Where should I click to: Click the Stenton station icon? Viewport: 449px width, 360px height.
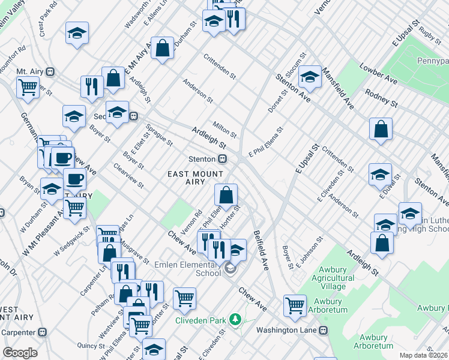(x=222, y=159)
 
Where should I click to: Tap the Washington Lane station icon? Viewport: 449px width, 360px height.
(x=323, y=330)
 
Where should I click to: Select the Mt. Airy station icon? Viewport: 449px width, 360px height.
(x=50, y=71)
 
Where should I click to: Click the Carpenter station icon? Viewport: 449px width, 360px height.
(x=42, y=332)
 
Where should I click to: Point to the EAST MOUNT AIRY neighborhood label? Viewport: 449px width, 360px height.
(x=194, y=179)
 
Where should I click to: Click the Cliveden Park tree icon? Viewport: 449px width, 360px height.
(x=235, y=320)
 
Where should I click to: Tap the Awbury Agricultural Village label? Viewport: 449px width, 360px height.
(x=329, y=282)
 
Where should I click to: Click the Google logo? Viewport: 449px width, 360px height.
(x=20, y=353)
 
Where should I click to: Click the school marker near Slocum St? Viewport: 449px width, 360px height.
(x=310, y=76)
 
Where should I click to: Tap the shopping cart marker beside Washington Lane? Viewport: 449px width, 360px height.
(x=295, y=305)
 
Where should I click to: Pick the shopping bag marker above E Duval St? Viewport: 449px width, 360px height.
(x=381, y=129)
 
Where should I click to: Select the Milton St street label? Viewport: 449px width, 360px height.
(x=225, y=129)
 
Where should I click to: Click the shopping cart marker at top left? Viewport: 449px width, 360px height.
(x=28, y=87)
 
